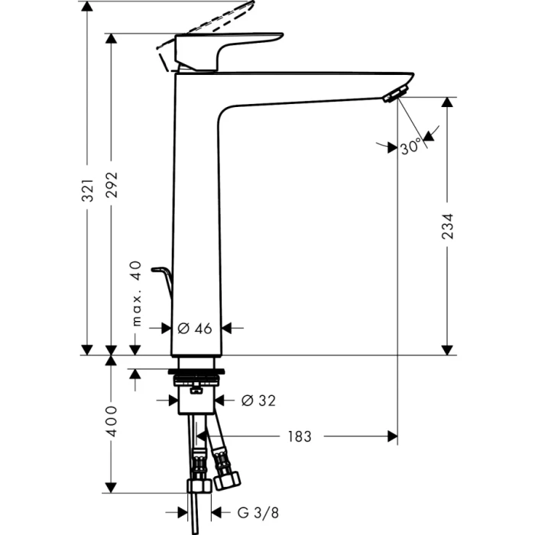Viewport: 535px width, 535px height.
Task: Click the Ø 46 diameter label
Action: [x=194, y=329]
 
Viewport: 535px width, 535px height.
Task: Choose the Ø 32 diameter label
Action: [x=258, y=400]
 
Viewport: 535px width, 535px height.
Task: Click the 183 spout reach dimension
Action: [x=300, y=436]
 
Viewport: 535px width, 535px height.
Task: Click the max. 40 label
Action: [x=137, y=293]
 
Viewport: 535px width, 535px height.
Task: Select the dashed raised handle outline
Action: [x=214, y=19]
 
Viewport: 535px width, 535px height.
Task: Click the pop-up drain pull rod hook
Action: [x=162, y=274]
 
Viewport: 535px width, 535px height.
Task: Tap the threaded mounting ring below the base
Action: [x=199, y=378]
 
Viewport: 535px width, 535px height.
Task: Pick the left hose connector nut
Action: [x=198, y=486]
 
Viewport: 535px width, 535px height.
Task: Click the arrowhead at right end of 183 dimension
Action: [x=392, y=436]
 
